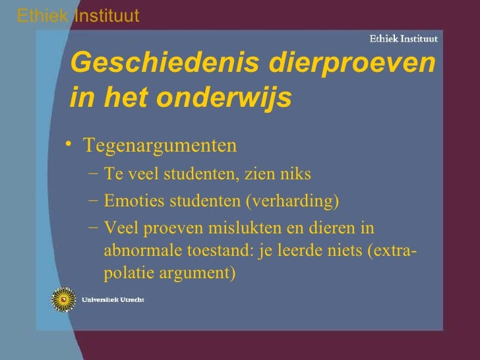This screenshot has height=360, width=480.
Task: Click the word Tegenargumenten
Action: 160,144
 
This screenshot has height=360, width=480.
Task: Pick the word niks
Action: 295,175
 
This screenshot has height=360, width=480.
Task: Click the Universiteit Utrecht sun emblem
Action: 63,299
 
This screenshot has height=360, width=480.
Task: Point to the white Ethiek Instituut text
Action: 403,38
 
